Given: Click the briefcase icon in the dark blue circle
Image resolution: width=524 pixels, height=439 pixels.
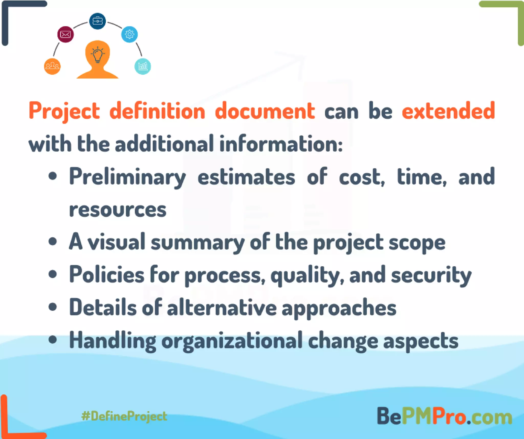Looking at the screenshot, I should click(x=97, y=21).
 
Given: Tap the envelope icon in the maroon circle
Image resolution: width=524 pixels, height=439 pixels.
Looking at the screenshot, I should click(x=65, y=34).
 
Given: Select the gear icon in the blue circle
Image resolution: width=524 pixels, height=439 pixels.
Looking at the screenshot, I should click(x=129, y=34).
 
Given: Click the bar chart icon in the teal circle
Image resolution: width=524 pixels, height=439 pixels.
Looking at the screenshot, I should click(x=143, y=66).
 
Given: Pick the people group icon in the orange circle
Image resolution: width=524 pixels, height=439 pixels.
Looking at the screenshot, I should click(x=52, y=66).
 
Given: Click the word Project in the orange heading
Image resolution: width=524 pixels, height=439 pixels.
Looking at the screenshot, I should click(x=64, y=111).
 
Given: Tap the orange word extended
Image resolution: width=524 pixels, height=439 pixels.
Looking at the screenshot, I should click(x=448, y=111).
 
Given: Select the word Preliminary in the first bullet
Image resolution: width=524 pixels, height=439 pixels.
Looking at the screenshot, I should click(x=127, y=177).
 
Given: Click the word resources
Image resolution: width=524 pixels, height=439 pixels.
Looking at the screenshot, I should click(x=118, y=210).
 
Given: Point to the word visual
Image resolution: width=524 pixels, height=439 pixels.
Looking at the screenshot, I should click(x=116, y=242).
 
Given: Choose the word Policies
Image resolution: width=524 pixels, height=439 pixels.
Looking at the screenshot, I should click(x=107, y=275).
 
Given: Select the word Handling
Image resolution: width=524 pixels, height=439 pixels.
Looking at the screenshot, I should click(x=113, y=341).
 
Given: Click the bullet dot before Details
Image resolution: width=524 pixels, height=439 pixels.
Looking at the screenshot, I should click(x=53, y=307).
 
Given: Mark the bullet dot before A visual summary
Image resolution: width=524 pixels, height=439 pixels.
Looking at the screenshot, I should click(x=53, y=241).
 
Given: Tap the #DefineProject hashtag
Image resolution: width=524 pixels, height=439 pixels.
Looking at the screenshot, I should click(x=124, y=416).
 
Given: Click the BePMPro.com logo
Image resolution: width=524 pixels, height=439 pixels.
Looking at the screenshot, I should click(x=444, y=416).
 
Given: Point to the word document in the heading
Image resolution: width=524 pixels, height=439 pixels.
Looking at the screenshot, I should click(x=265, y=111).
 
